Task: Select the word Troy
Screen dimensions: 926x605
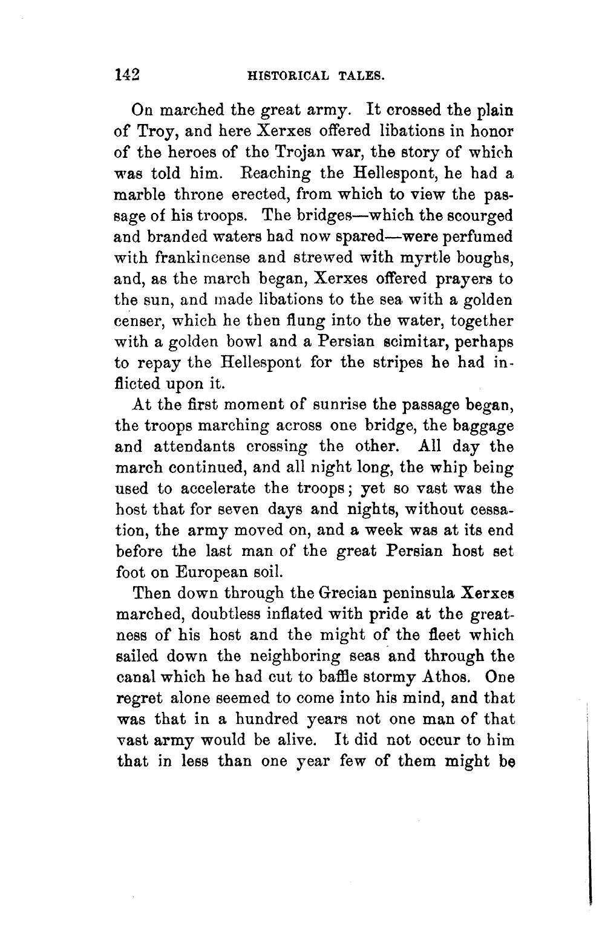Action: (156, 132)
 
